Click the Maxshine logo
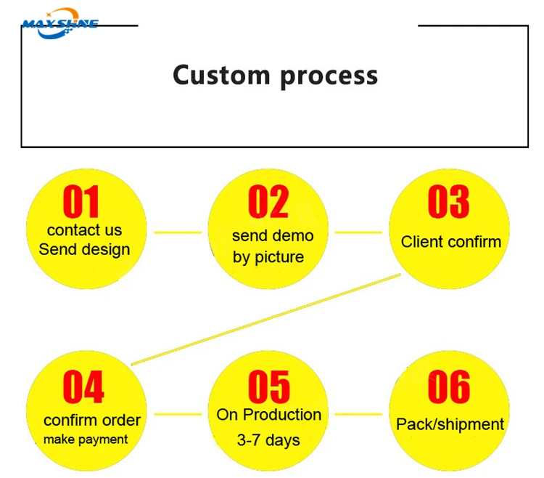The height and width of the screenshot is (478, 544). pos(60,24)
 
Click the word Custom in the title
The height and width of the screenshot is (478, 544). pos(221,75)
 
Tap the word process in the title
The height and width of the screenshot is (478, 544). pos(329,77)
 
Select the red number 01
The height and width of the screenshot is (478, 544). pos(81,201)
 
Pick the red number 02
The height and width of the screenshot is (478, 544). pos(268,201)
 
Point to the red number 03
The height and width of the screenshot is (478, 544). pos(449,201)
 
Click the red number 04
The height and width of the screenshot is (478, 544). pos(83,386)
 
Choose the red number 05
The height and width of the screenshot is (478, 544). pos(269,386)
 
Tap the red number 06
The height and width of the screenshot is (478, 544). pos(449,386)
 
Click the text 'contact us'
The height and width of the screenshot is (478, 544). pos(85,230)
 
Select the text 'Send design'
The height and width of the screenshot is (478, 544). pos(84,250)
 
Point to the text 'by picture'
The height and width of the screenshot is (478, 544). pos(268,258)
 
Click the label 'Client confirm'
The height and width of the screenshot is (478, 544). pos(451,242)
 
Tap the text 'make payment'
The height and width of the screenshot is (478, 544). pos(86,439)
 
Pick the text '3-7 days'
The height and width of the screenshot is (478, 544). pos(268,440)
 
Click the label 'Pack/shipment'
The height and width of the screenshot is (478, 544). pos(450,424)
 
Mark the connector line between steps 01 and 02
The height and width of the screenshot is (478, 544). pos(178,232)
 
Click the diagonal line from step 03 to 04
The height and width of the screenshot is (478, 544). pos(265,320)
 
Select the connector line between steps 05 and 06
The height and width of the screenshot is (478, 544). pos(358,414)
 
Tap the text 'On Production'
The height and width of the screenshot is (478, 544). pos(269,415)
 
